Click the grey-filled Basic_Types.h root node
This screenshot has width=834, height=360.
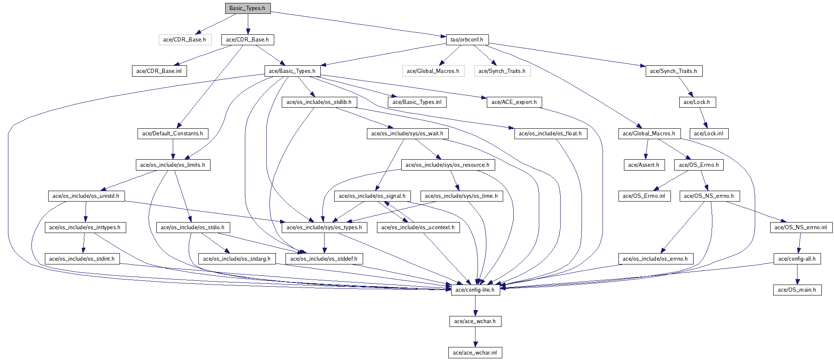[x=247, y=8]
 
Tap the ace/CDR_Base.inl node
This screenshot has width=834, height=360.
[x=159, y=71]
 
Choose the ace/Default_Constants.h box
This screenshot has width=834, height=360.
[x=172, y=134]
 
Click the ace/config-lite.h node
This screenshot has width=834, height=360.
[x=475, y=290]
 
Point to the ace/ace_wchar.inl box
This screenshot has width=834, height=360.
[x=475, y=353]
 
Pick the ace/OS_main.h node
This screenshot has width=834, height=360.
[x=797, y=290]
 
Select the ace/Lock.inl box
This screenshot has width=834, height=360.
[x=709, y=134]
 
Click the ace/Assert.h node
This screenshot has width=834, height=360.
[x=644, y=165]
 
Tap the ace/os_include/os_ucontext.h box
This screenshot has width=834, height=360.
[x=418, y=228]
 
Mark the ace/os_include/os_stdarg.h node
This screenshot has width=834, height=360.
[x=236, y=259]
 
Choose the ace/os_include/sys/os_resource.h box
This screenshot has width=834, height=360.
[x=447, y=165]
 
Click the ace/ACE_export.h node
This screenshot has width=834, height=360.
[x=514, y=102]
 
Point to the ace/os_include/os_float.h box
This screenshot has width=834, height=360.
[x=550, y=134]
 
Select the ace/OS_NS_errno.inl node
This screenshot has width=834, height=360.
[x=800, y=228]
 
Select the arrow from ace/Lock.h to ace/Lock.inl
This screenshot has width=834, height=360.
[x=703, y=118]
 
